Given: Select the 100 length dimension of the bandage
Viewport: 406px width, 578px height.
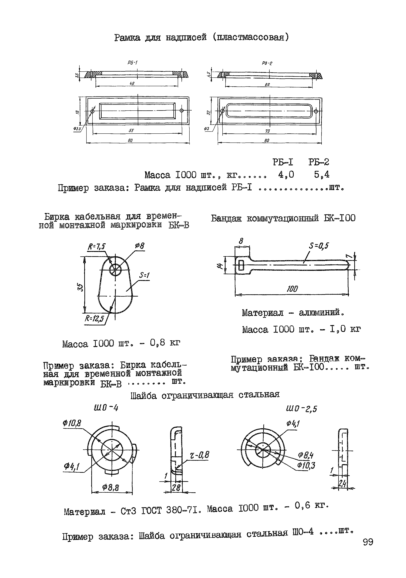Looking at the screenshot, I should (x=292, y=289).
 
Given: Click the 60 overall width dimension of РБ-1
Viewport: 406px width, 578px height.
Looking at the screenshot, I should (x=130, y=140).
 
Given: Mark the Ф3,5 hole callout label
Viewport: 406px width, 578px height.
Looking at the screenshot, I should (x=77, y=129).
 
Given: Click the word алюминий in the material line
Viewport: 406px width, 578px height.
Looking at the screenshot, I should (x=321, y=313).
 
